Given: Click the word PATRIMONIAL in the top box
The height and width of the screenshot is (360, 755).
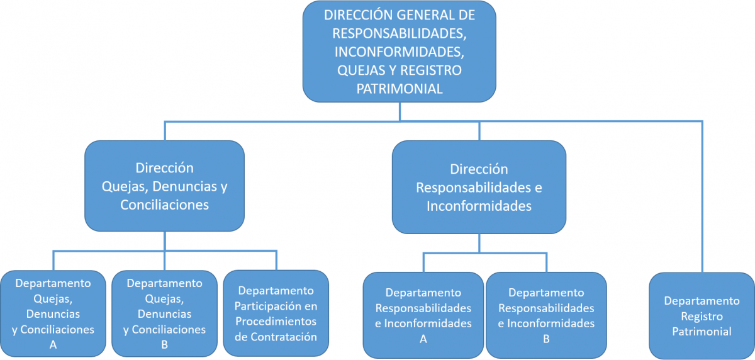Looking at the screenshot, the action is [x=400, y=89].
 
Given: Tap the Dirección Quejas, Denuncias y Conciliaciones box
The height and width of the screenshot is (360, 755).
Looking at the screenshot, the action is [x=164, y=186].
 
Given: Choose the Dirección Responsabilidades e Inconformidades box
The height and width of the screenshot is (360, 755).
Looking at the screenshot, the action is [x=479, y=187].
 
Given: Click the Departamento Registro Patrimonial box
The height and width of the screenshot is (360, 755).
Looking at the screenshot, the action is [x=702, y=316].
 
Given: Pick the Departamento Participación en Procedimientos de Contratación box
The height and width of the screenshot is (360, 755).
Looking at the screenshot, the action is [x=276, y=313].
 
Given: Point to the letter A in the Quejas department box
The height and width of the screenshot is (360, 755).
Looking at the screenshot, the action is [x=53, y=345].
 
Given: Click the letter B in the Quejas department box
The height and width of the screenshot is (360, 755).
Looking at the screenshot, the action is [x=164, y=345].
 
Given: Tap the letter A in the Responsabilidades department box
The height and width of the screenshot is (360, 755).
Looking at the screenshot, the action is [x=423, y=339].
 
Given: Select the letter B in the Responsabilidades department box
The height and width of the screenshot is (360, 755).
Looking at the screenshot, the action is [x=546, y=339].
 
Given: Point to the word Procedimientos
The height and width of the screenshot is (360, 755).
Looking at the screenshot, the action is [x=276, y=321].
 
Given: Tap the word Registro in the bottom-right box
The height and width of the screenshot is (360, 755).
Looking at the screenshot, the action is [x=702, y=316].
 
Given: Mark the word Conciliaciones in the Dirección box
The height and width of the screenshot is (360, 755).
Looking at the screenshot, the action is [x=164, y=205].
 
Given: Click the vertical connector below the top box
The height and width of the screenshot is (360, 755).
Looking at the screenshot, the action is [x=400, y=111].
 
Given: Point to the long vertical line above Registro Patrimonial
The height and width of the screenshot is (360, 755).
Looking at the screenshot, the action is [x=702, y=197].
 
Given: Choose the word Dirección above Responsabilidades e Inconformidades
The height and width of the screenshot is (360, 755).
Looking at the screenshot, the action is [x=479, y=169].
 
